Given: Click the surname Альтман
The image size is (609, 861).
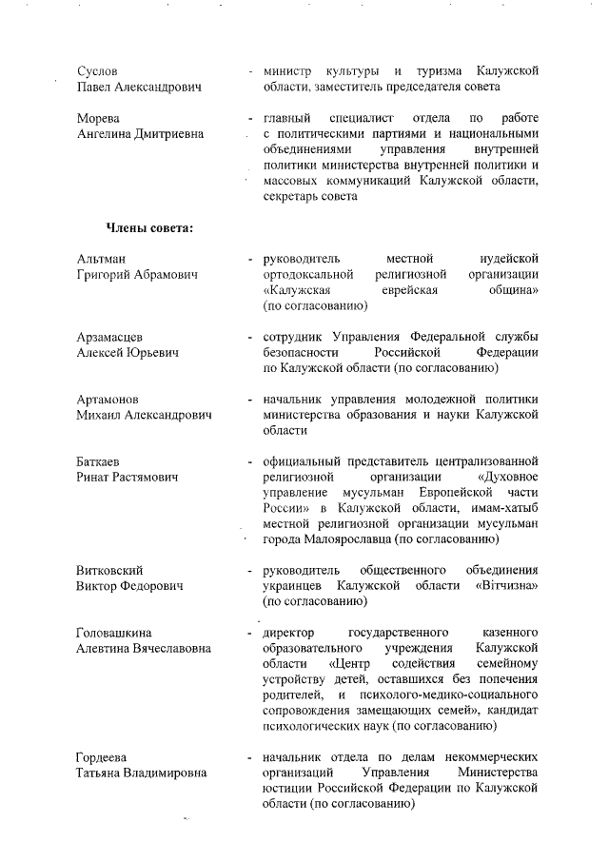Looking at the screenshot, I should (100, 258).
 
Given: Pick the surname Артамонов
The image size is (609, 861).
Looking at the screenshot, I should (107, 399).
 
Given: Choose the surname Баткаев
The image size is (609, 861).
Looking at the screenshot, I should (99, 460).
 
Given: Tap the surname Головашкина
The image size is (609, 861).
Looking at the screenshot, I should (113, 632).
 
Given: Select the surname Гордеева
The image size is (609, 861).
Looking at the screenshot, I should (103, 756).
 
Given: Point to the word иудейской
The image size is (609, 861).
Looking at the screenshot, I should (510, 258).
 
